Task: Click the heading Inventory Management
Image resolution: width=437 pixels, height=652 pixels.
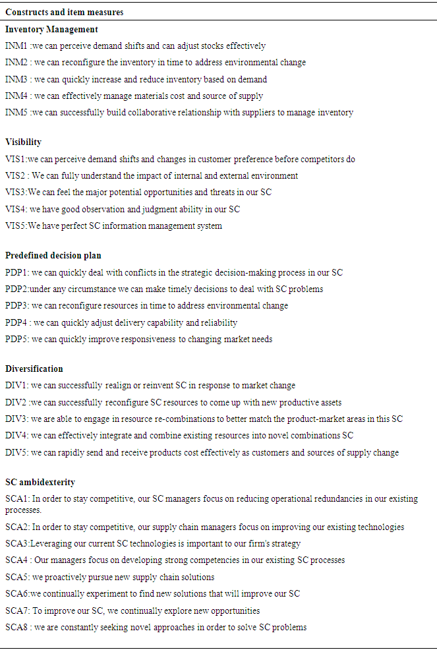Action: point(51,30)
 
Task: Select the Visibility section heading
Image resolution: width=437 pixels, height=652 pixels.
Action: point(23,142)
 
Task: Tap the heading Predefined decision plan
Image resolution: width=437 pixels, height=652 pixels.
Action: point(53,256)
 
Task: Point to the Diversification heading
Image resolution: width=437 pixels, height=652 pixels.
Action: point(34,369)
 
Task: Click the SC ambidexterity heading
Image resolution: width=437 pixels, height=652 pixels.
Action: point(40,482)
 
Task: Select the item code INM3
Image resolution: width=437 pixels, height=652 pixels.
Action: point(16,80)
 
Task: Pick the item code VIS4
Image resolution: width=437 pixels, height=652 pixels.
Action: point(15,210)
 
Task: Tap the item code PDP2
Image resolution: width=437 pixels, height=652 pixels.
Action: point(16,289)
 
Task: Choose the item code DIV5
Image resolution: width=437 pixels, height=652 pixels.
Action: point(16,452)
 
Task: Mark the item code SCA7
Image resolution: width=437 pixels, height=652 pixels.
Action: point(16,610)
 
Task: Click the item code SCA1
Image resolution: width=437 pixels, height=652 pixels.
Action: point(16,499)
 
